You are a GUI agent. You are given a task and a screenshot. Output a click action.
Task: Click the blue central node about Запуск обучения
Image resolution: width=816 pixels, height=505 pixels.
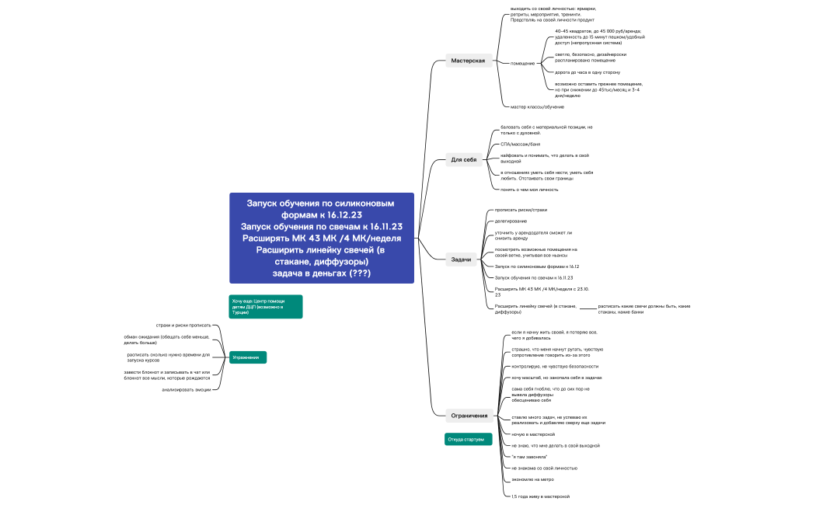pyautogui.click(x=322, y=238)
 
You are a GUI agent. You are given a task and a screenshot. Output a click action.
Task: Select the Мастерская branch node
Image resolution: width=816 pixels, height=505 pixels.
pyautogui.click(x=468, y=61)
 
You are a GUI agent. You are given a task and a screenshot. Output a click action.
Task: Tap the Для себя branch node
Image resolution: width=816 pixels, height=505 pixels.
pyautogui.click(x=464, y=160)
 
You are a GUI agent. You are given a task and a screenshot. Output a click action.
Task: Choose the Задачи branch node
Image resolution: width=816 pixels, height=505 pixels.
pyautogui.click(x=462, y=259)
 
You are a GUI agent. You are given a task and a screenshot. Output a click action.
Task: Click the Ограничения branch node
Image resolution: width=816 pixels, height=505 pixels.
pyautogui.click(x=469, y=415)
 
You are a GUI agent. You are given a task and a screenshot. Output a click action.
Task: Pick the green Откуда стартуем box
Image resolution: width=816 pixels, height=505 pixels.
pyautogui.click(x=468, y=440)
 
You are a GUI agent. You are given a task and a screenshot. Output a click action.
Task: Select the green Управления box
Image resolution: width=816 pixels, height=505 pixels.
pyautogui.click(x=247, y=357)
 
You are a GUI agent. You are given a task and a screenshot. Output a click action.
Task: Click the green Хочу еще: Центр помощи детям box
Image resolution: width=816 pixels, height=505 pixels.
pyautogui.click(x=265, y=307)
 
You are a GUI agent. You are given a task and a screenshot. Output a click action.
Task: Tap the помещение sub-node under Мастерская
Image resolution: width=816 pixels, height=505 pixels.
pyautogui.click(x=522, y=63)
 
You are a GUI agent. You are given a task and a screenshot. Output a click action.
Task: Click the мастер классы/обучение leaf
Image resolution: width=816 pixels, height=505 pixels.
pyautogui.click(x=537, y=106)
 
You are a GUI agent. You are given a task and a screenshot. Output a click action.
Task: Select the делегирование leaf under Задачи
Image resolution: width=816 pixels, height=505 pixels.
pyautogui.click(x=511, y=221)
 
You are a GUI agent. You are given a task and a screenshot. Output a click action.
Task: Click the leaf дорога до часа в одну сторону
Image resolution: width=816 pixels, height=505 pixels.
pyautogui.click(x=587, y=72)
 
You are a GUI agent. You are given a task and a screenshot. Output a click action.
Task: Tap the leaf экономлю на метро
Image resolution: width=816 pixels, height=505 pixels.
pyautogui.click(x=532, y=479)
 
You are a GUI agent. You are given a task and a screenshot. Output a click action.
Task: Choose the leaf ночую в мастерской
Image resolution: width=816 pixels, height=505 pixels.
pyautogui.click(x=533, y=434)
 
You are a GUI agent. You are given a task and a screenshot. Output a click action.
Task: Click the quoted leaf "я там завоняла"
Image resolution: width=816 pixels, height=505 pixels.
pyautogui.click(x=529, y=457)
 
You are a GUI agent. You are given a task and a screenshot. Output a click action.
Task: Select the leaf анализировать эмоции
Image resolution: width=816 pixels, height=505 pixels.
pyautogui.click(x=187, y=389)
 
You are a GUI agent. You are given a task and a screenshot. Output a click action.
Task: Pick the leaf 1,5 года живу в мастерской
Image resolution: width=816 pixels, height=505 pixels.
pyautogui.click(x=540, y=496)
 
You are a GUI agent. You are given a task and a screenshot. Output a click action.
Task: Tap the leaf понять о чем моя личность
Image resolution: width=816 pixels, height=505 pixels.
pyautogui.click(x=529, y=189)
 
